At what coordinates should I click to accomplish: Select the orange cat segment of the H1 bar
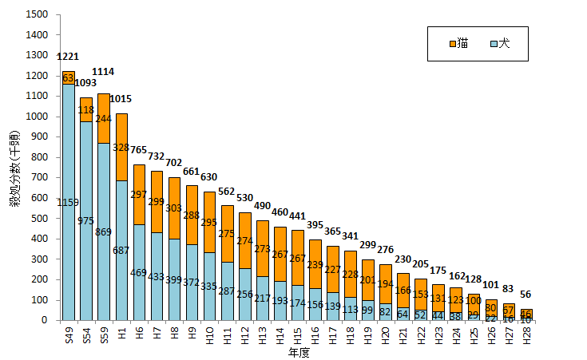click(121, 147)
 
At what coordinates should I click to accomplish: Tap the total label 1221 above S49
click(69, 57)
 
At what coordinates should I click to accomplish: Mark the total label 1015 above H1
click(121, 99)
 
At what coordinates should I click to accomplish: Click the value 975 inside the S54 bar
click(86, 220)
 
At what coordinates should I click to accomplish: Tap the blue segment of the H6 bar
click(139, 271)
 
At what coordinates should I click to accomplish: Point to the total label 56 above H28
click(526, 294)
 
